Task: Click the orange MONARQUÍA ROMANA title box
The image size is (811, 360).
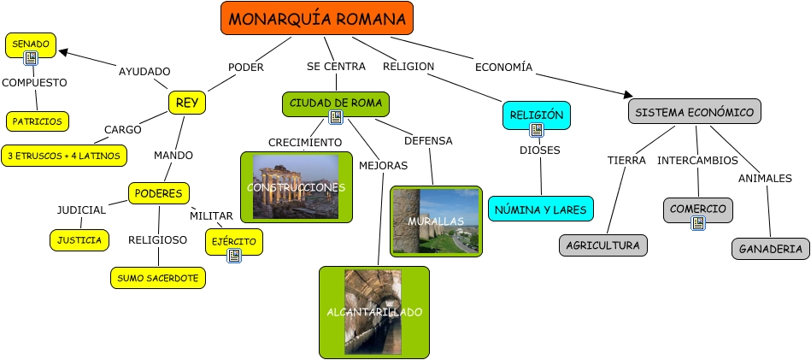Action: point(316,19)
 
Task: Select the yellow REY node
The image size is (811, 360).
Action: point(187,103)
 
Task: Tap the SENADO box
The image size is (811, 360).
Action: point(31,43)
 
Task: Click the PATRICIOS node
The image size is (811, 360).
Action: point(38,121)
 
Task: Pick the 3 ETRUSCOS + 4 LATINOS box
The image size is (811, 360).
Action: point(65,156)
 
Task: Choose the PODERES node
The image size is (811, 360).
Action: point(158,193)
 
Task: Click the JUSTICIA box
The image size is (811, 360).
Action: point(79,240)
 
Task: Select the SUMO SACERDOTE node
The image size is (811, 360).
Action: point(158,277)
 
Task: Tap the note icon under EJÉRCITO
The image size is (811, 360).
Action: point(234,254)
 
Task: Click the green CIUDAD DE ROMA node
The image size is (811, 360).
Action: point(336,103)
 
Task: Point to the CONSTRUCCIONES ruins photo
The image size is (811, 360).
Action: point(296,186)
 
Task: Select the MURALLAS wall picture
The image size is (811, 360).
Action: point(436,221)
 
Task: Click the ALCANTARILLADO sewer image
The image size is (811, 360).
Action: point(373,312)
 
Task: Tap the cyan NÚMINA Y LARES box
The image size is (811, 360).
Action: point(540,208)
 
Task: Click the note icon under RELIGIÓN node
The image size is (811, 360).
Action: point(537,130)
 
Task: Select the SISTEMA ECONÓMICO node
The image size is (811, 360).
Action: point(694,112)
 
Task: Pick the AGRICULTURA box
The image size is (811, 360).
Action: point(603,245)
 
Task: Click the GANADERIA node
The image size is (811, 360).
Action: point(771,249)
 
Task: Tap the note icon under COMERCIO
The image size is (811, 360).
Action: point(698,222)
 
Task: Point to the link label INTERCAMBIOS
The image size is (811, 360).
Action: point(697,160)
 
